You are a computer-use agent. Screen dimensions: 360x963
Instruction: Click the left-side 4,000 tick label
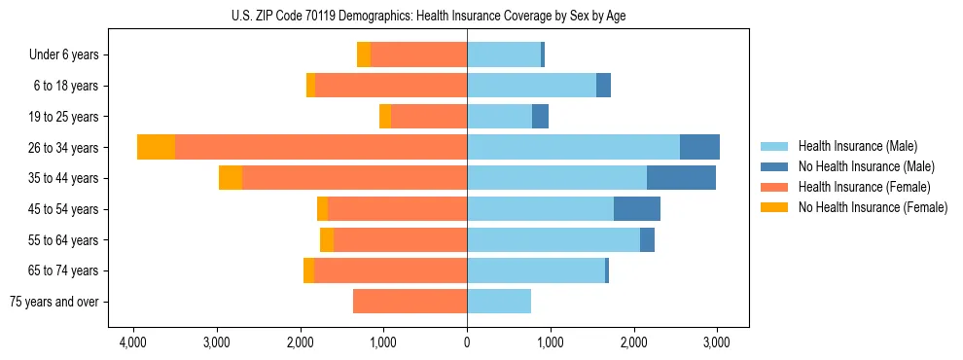(132, 342)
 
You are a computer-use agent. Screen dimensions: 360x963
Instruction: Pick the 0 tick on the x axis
(467, 342)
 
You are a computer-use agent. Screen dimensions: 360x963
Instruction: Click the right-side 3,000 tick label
(717, 342)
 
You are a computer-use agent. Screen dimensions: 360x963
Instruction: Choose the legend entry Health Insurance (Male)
(857, 146)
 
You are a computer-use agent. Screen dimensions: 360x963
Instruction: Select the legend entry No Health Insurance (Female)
(873, 207)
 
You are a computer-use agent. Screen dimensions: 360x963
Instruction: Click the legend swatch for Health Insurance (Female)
(775, 187)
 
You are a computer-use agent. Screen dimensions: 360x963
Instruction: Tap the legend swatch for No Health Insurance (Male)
(775, 166)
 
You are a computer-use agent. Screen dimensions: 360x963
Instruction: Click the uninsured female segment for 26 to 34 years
(156, 147)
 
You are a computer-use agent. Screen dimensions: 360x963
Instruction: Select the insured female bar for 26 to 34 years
(321, 147)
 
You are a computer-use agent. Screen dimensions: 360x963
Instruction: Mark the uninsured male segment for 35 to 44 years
(681, 178)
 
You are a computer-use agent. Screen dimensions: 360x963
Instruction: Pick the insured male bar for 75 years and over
(499, 302)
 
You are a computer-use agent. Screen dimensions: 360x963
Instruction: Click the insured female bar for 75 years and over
(410, 302)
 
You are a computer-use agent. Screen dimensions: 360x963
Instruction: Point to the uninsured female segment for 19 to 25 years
(385, 117)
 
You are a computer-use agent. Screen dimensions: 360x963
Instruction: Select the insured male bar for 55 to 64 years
(553, 240)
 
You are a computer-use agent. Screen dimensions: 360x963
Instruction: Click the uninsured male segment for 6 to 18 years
(603, 86)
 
